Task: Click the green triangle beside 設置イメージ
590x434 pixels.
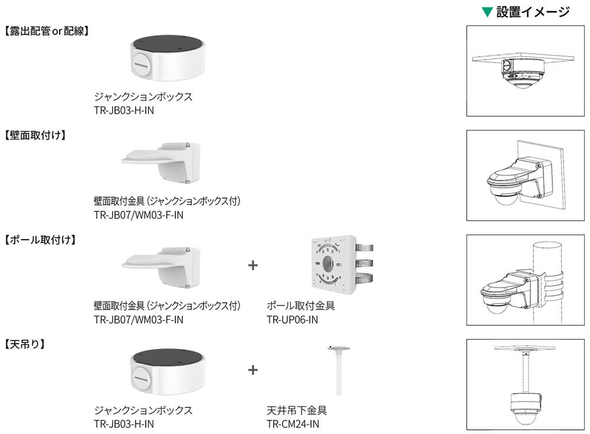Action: tap(487, 11)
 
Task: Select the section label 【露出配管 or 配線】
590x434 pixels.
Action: tap(47, 31)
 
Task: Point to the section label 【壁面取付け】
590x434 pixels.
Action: tap(35, 135)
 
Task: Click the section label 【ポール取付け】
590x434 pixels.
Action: tap(40, 240)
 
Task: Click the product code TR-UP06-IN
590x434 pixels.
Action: tap(292, 319)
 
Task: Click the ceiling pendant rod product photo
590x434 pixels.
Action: tap(339, 370)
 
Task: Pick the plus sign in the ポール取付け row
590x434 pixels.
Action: tap(253, 265)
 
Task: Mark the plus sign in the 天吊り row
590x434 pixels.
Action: tap(253, 370)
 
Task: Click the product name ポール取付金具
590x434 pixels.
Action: tap(301, 306)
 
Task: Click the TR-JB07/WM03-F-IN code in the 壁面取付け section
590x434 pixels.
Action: tap(138, 215)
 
